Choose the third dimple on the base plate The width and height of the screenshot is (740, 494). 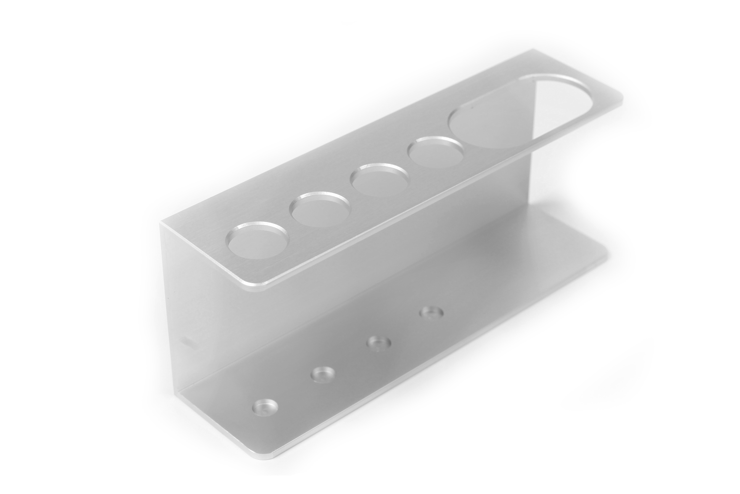pyautogui.click(x=379, y=343)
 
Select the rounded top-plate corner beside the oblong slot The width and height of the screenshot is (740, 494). pyautogui.click(x=619, y=100)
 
